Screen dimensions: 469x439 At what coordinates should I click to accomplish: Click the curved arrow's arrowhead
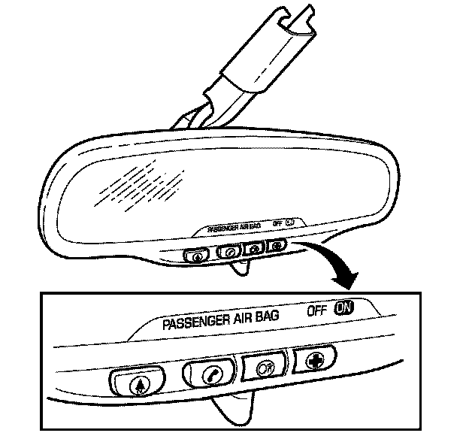[x=346, y=282]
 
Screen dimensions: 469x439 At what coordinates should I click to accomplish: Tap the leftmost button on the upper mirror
[x=195, y=254]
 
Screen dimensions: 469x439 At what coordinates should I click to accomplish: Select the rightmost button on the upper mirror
[x=278, y=244]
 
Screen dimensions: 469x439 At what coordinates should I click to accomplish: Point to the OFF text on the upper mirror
[x=278, y=223]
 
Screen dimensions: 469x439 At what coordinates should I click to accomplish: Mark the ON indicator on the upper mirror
[x=290, y=221]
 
